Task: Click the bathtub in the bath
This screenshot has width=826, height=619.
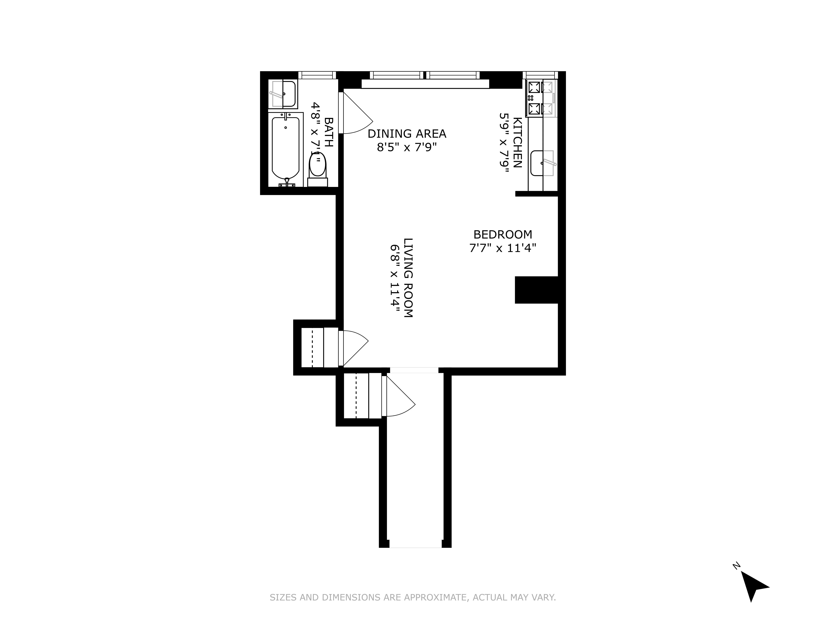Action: click(x=285, y=149)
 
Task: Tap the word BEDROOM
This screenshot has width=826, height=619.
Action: click(x=503, y=235)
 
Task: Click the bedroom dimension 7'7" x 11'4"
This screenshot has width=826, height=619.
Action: click(x=503, y=248)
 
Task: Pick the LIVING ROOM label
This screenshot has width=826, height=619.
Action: click(x=408, y=278)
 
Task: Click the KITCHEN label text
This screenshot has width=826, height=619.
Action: click(x=517, y=143)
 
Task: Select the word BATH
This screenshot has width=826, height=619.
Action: click(x=329, y=132)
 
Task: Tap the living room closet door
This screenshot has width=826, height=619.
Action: click(x=354, y=347)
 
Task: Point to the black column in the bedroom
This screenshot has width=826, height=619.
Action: click(x=536, y=290)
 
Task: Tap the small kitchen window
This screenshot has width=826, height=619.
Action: click(x=540, y=75)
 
